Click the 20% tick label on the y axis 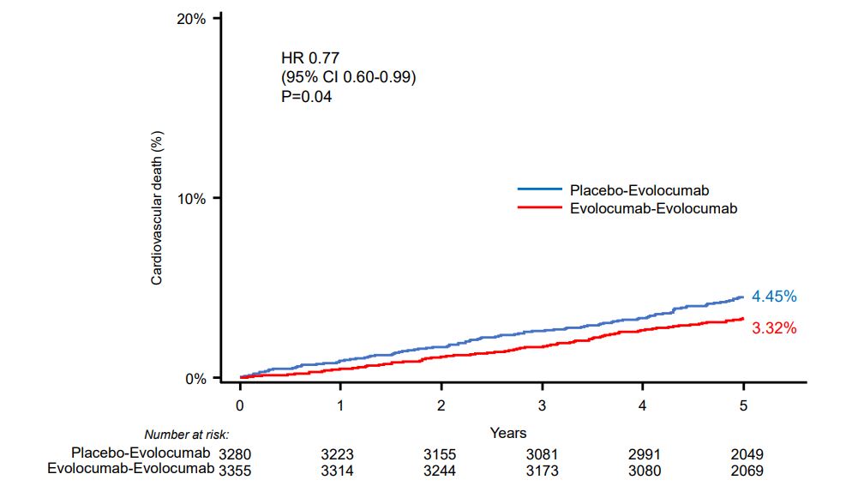[x=191, y=18]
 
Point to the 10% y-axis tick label [x=191, y=198]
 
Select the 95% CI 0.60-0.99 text [x=349, y=78]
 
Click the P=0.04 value [x=306, y=97]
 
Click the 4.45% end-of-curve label [x=774, y=297]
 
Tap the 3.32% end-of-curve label [x=774, y=327]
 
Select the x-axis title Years [x=508, y=433]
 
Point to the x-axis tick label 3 [x=542, y=404]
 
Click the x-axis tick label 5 [x=743, y=404]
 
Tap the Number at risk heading [x=187, y=435]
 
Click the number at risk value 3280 [x=236, y=453]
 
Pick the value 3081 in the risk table [x=542, y=453]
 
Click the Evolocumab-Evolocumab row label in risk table [x=129, y=470]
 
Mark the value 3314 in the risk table [x=340, y=471]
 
